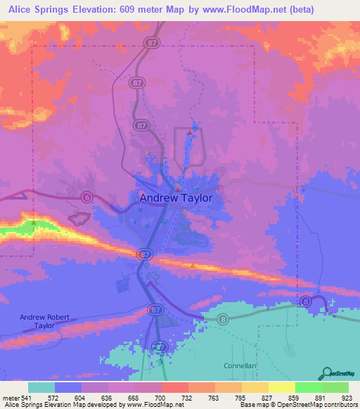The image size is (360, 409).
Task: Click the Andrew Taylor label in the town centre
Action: pyautogui.click(x=176, y=198)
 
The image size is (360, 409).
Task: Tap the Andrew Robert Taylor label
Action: pyautogui.click(x=44, y=322)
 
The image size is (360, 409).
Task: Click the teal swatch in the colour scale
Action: pyautogui.click(x=41, y=387)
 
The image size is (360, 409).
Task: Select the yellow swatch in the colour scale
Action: pyautogui.click(x=282, y=387)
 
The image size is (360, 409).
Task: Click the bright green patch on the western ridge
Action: pyautogui.click(x=32, y=226)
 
